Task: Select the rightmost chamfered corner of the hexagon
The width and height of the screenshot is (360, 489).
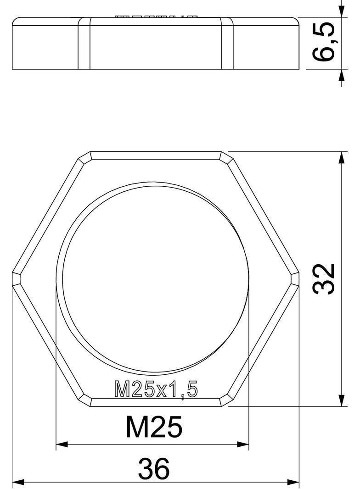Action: pyautogui.click(x=295, y=279)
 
